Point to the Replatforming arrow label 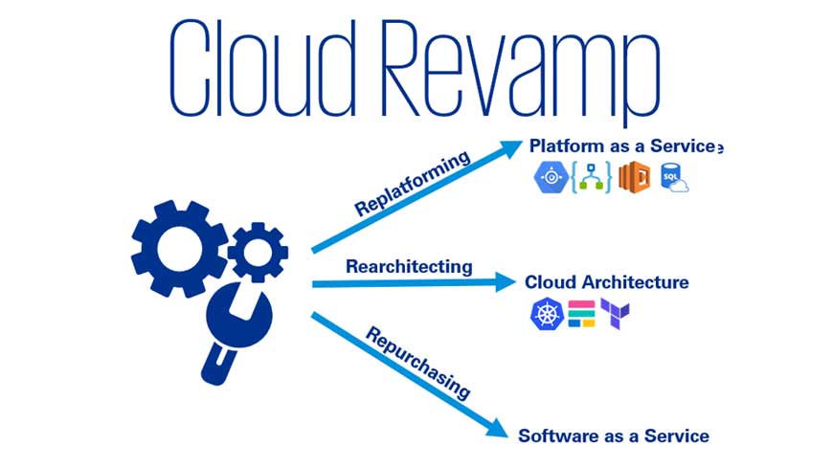[x=413, y=182]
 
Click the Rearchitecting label [x=409, y=265]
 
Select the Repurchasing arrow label [x=418, y=361]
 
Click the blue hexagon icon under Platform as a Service [x=551, y=178]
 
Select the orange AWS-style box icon [x=634, y=179]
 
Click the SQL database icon [x=675, y=178]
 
